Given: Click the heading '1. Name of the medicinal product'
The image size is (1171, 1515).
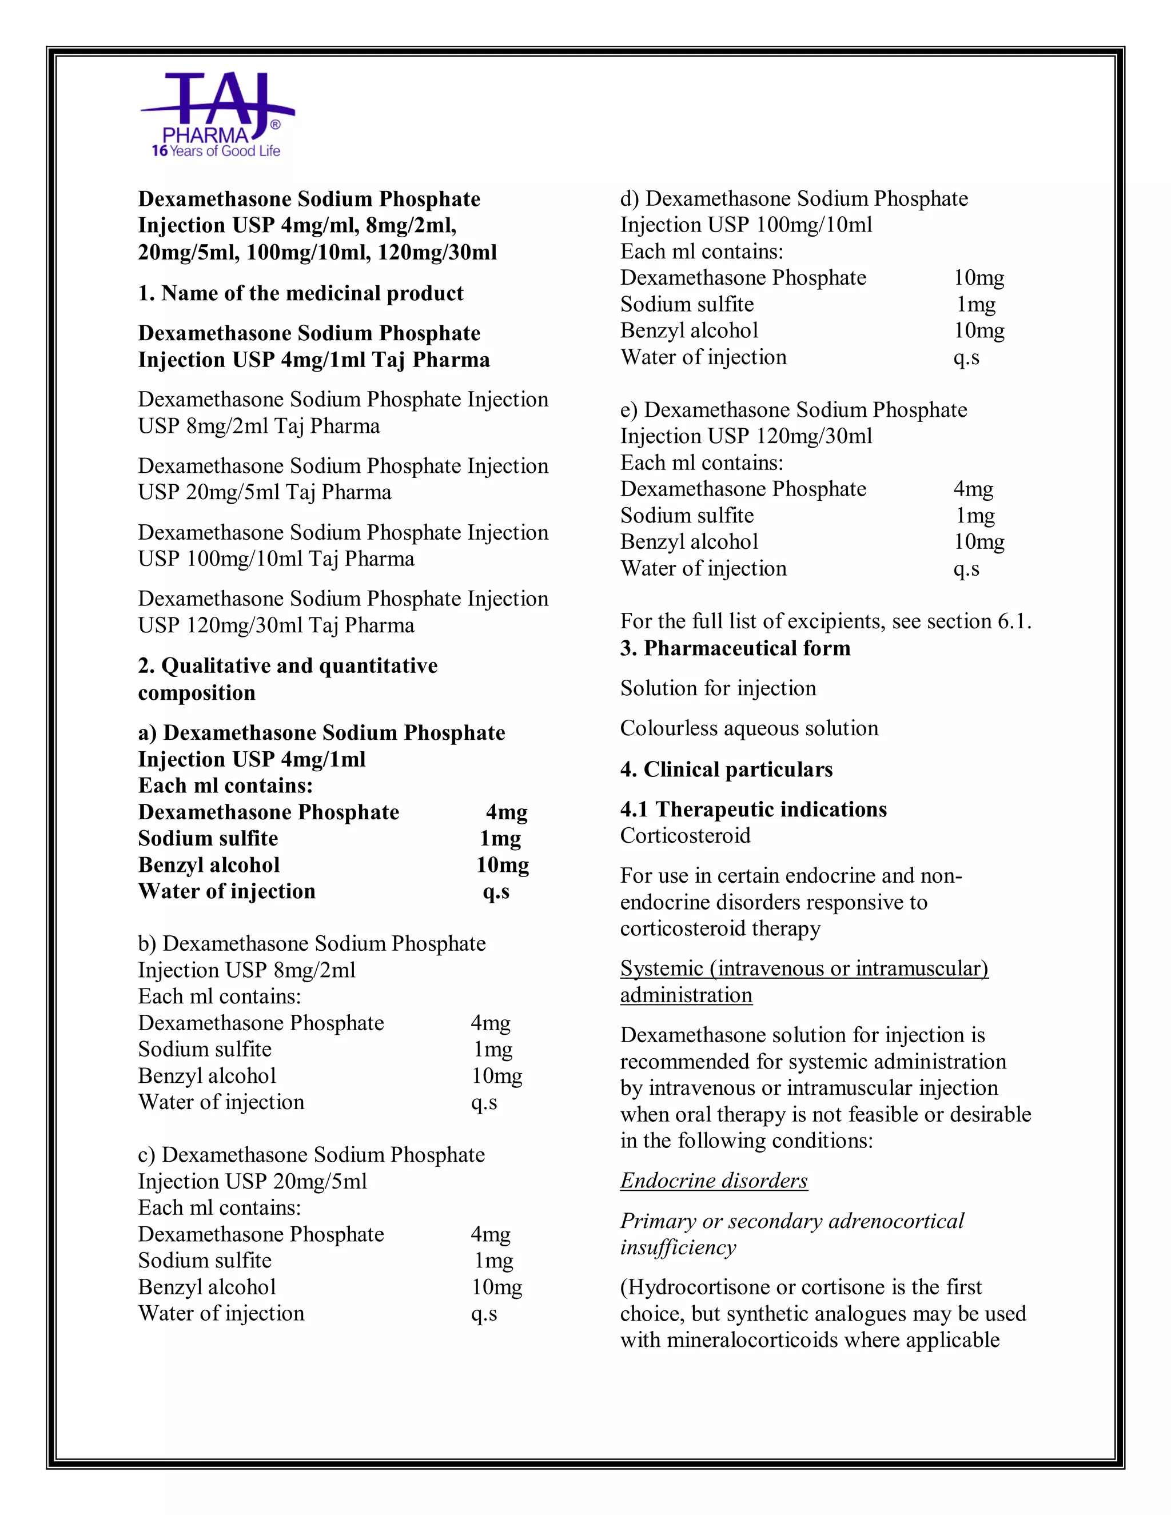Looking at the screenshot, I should [x=300, y=293].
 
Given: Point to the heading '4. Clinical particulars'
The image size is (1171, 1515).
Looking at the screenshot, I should [x=726, y=770].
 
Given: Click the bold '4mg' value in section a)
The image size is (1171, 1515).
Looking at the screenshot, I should [x=507, y=812].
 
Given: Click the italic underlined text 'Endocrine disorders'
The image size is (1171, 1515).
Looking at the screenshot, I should [x=713, y=1181].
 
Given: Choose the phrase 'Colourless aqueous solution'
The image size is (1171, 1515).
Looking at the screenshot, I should [x=748, y=728].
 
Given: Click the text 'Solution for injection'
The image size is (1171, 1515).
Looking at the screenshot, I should [x=718, y=688].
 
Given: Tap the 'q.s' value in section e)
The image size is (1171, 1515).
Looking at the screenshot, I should [x=966, y=569].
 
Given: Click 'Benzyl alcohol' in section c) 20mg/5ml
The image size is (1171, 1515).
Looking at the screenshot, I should [x=207, y=1287].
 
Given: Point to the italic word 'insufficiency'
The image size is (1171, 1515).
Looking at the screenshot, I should [x=677, y=1247].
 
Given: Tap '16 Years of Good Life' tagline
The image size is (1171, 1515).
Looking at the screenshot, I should [x=216, y=151].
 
